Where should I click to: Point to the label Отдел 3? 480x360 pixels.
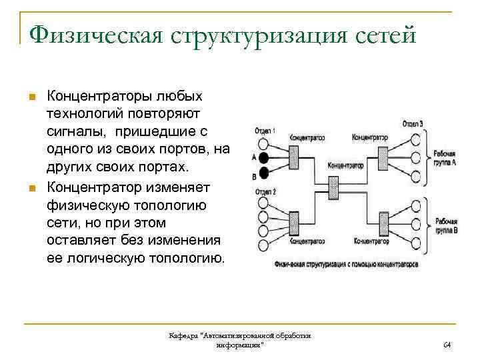(413, 124)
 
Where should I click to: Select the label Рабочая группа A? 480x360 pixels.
(445, 157)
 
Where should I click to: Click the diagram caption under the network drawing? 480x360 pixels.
(346, 264)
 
